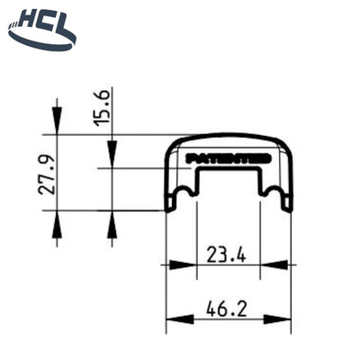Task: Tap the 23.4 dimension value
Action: coord(227,254)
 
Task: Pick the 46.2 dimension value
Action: coord(227,309)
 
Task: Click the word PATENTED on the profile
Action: coord(229,157)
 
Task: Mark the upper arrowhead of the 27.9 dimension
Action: coord(57,126)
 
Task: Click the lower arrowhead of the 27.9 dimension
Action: coord(57,220)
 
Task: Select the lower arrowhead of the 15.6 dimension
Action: coord(111,220)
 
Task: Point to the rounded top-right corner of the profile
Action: coord(285,148)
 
